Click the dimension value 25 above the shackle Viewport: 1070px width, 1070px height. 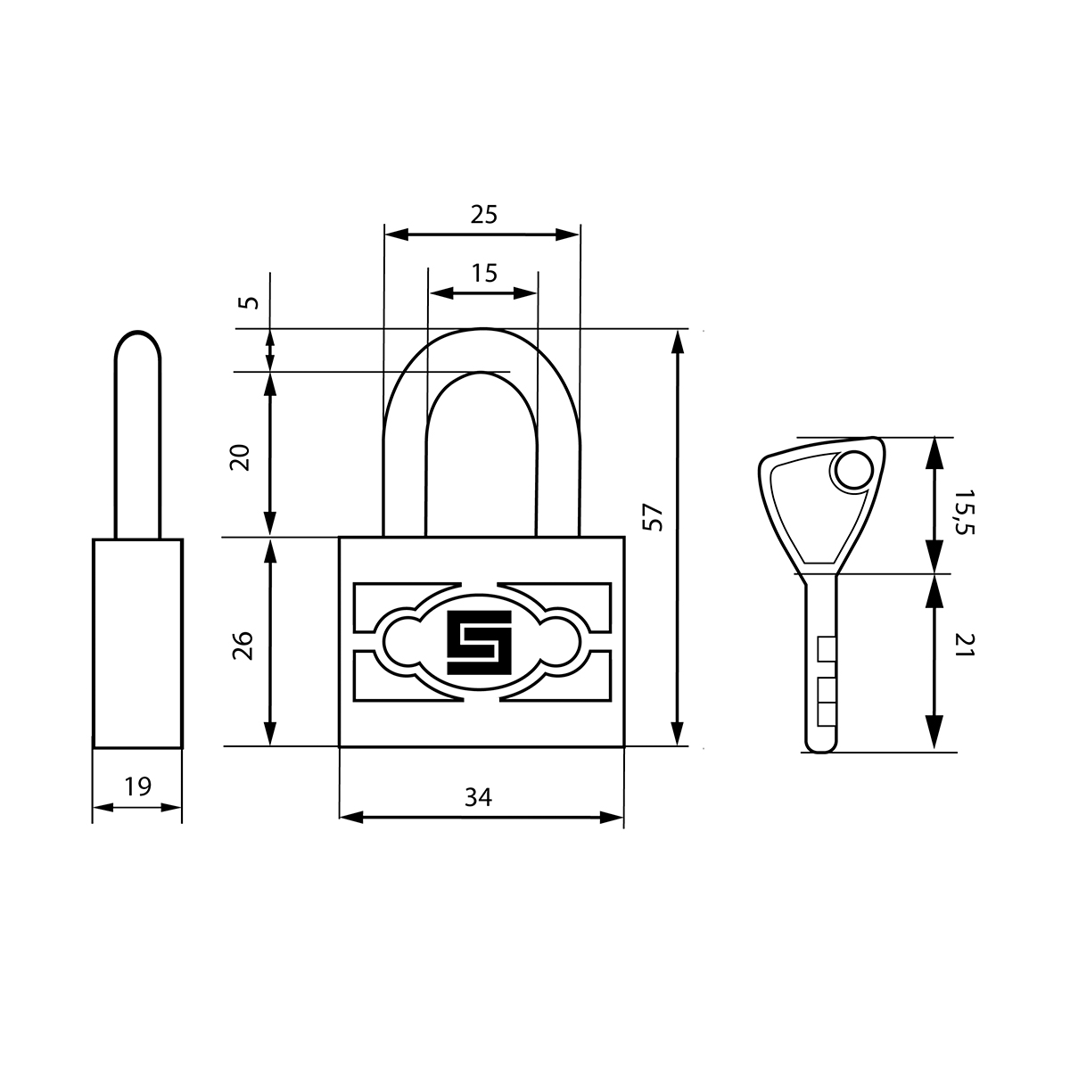click(x=483, y=214)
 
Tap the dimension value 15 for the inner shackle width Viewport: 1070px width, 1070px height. click(x=484, y=273)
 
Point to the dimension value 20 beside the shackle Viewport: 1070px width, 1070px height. click(x=241, y=457)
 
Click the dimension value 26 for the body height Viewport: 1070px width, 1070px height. click(x=243, y=646)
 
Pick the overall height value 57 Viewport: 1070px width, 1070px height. click(x=653, y=517)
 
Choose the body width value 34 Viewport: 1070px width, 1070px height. click(x=478, y=797)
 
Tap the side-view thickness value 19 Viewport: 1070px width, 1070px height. click(x=137, y=786)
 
